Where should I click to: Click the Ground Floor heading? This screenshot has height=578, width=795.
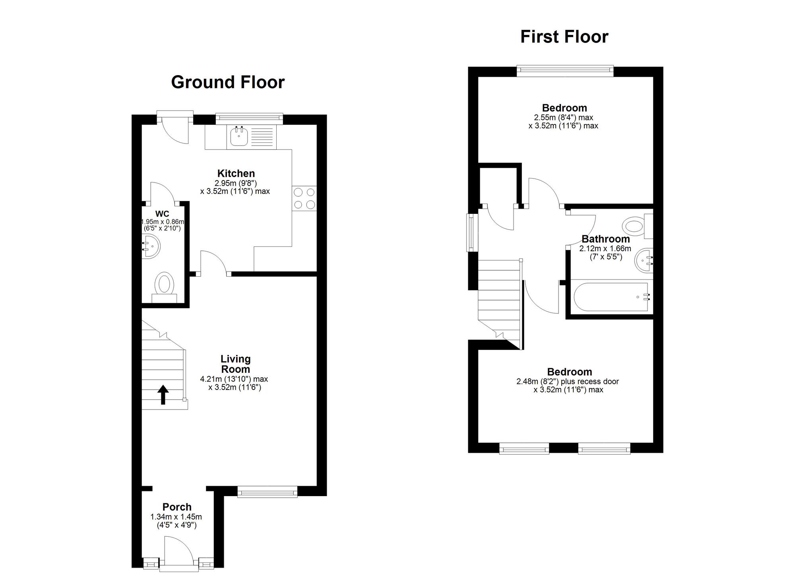(228, 82)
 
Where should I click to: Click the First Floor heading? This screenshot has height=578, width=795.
(564, 37)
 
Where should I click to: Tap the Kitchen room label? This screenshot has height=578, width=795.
(236, 173)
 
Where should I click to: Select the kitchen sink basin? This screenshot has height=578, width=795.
(239, 138)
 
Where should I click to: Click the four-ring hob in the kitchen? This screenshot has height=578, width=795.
(304, 198)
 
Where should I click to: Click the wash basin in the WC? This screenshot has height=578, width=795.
(151, 246)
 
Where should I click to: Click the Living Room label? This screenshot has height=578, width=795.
(235, 364)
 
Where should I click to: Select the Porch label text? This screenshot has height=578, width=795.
(177, 507)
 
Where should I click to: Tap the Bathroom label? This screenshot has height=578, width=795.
(605, 239)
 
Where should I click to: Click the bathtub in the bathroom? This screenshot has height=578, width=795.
(611, 297)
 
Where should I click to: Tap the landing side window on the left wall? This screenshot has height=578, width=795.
(472, 233)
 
